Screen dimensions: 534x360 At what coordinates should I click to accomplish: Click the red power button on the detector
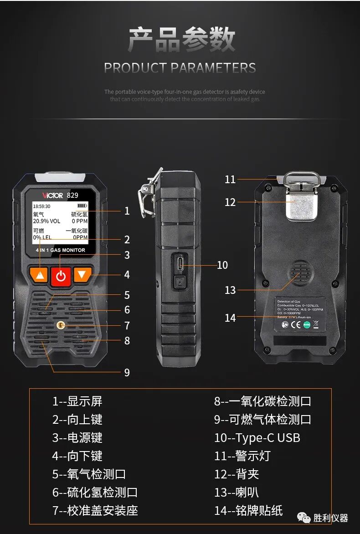[61, 276]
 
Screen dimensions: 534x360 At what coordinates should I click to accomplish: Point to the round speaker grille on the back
[300, 274]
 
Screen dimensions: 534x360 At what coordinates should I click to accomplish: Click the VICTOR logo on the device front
[52, 195]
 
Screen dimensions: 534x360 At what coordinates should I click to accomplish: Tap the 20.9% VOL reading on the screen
[46, 221]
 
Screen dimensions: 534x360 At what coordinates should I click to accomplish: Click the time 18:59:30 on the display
[42, 206]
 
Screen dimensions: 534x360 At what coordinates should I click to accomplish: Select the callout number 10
[222, 265]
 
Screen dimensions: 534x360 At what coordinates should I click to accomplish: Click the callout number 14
[230, 318]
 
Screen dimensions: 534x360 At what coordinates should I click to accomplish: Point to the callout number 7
[127, 325]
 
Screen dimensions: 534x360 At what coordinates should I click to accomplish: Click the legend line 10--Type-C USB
[257, 438]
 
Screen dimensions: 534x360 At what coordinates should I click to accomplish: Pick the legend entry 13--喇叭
[237, 493]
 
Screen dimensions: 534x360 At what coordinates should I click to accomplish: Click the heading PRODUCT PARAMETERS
[180, 68]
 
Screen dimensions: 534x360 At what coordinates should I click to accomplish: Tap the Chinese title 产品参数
[181, 40]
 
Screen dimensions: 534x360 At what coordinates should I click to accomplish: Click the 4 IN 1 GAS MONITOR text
[60, 250]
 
